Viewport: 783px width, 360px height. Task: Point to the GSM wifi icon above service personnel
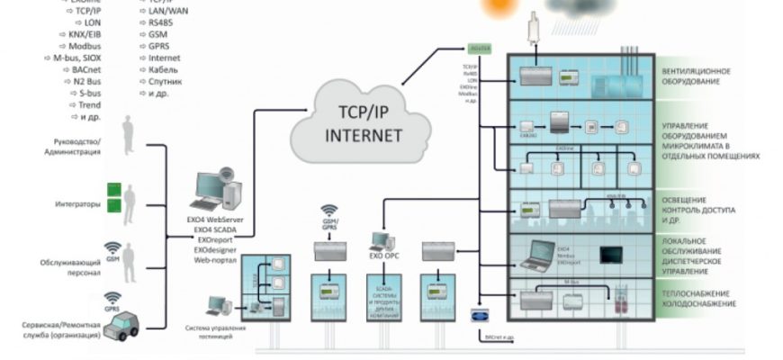point(112,247)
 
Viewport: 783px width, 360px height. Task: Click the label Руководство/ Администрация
point(70,147)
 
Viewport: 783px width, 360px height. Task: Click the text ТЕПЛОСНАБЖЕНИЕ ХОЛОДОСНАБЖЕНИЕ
point(700,299)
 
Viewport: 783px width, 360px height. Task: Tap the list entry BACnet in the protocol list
point(80,67)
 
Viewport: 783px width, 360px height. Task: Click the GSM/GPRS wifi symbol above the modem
point(329,212)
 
